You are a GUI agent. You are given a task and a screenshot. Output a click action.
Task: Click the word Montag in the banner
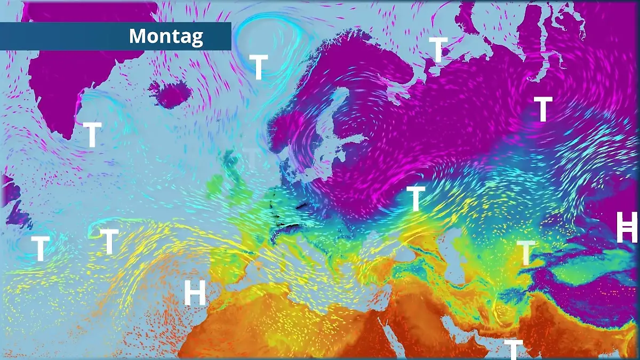click(x=166, y=36)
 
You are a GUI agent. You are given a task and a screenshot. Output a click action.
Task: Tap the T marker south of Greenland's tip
click(x=92, y=135)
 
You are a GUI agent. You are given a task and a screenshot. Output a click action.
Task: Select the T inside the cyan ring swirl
click(x=259, y=67)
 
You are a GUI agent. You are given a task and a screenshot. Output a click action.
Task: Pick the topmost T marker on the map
click(x=438, y=50)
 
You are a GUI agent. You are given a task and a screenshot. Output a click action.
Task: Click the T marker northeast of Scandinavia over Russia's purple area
click(x=543, y=109)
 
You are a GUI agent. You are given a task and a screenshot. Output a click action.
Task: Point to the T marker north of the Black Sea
click(x=416, y=198)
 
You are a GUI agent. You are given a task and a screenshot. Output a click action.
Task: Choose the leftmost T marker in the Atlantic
click(x=40, y=249)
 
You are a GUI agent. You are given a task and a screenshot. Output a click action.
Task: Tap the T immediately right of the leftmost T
click(x=109, y=241)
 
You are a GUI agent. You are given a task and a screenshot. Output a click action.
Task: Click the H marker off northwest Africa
click(x=195, y=293)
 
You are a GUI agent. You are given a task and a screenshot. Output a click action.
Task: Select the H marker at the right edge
click(x=627, y=227)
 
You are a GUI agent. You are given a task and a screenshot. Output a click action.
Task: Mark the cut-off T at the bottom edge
click(x=513, y=349)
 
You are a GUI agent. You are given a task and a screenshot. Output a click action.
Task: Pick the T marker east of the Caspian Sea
click(x=526, y=253)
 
